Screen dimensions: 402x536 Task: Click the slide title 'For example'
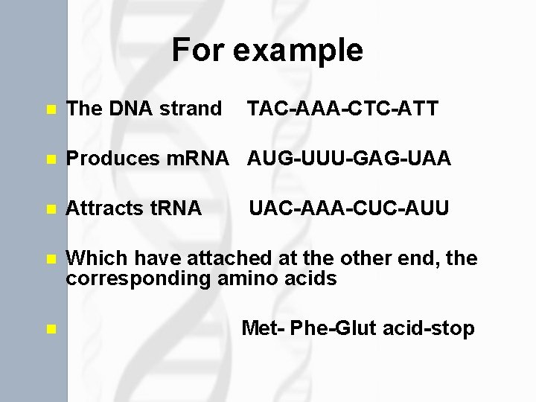(267, 51)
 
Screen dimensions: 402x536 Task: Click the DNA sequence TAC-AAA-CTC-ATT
(342, 109)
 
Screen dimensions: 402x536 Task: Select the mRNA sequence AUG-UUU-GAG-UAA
(349, 159)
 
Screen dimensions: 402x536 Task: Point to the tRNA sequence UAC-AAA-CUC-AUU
(348, 208)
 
